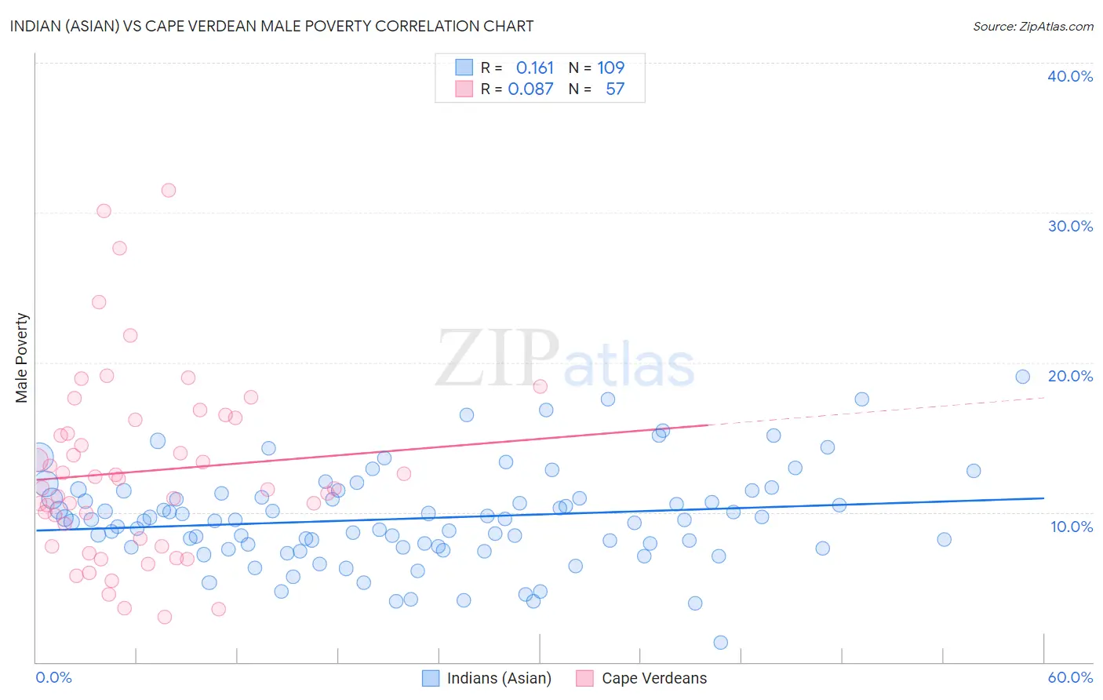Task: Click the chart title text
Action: (x=271, y=26)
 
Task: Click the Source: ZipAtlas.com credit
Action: (x=1032, y=26)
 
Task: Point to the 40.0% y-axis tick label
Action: (x=1070, y=76)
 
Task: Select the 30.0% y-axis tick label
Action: (x=1070, y=226)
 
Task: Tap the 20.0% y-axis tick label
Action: (x=1070, y=376)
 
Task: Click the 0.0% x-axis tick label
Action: (x=53, y=677)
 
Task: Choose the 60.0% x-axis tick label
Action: (x=1070, y=677)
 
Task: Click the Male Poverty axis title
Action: (x=22, y=358)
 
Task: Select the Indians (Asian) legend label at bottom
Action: (x=499, y=678)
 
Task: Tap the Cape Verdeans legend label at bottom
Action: (x=654, y=678)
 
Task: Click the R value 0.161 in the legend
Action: (x=534, y=68)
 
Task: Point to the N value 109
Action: (x=610, y=68)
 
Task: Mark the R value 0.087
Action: (x=530, y=89)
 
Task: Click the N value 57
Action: (x=615, y=89)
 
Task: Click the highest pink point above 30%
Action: (x=169, y=190)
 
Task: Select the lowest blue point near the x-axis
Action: (x=720, y=643)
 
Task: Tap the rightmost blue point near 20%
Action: (x=1022, y=377)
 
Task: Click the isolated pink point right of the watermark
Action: (x=540, y=386)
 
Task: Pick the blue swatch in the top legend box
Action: (x=464, y=68)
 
